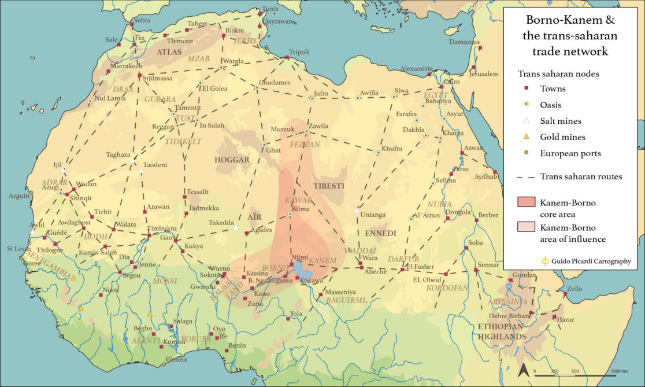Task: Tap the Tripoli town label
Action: (299, 51)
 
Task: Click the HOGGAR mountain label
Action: (232, 160)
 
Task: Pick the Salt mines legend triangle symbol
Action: (526, 121)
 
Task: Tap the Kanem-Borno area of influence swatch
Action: (526, 227)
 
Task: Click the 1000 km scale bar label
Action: (619, 371)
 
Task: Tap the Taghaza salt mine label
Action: (118, 154)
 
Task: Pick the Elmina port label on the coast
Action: (176, 359)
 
